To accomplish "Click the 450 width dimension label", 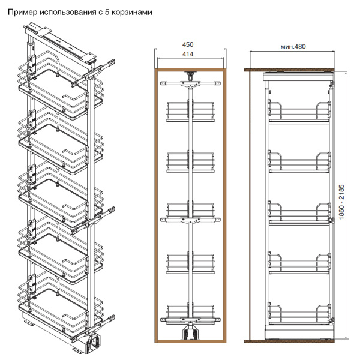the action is point(188,44).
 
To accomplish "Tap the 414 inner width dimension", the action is point(188,54).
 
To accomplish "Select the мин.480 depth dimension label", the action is point(293,47).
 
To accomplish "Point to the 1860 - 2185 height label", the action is point(341,202).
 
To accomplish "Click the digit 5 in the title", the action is point(107,12).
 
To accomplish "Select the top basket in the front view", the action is point(190,112).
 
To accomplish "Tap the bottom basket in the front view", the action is point(190,314).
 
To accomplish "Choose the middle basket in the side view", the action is point(299,213).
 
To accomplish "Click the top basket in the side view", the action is point(299,112).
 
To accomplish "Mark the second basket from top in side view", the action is point(299,162).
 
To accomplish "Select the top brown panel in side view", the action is point(289,70).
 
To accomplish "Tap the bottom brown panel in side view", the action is point(289,341).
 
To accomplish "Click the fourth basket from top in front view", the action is point(190,263).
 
